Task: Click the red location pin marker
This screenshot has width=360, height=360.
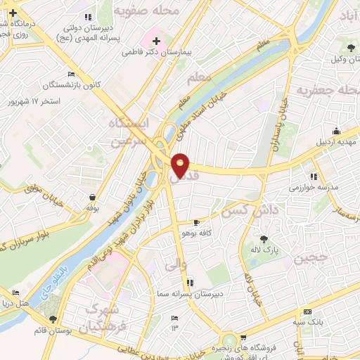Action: (181, 165)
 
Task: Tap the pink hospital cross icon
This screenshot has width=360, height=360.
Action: (155, 41)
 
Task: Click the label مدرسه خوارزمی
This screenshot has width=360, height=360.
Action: (314, 188)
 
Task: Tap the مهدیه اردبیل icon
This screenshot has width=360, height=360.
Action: (336, 131)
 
